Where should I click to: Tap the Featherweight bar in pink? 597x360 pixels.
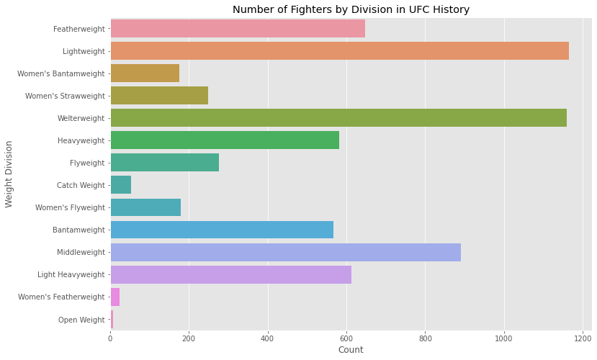click(238, 29)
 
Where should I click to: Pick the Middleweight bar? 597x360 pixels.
click(285, 252)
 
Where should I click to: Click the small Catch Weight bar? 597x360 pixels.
click(121, 185)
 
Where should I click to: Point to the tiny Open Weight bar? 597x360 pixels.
click(112, 319)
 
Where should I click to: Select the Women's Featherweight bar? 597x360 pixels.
click(115, 297)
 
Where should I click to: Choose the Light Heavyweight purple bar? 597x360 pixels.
click(230, 274)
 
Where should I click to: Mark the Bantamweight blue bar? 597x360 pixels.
click(222, 230)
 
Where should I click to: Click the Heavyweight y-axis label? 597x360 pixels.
click(81, 140)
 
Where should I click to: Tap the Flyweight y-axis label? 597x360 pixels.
click(87, 163)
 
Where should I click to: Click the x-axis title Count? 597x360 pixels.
click(351, 350)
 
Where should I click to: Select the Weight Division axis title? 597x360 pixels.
click(9, 174)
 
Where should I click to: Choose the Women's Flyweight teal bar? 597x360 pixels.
click(145, 207)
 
